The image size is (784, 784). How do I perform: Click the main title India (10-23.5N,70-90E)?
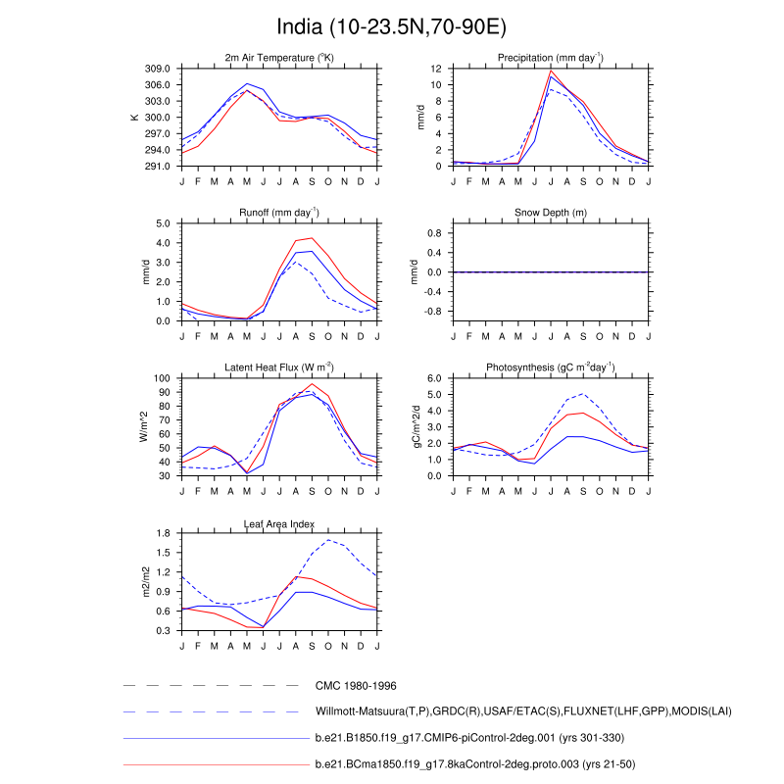tap(391, 26)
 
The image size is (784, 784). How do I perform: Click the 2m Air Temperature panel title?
tap(280, 59)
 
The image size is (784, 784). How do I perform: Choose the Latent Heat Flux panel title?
tap(280, 367)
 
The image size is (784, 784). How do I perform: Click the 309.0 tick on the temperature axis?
tap(160, 69)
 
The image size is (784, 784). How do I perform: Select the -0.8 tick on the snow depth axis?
tap(433, 312)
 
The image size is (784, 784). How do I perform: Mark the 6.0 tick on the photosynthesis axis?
tap(433, 378)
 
